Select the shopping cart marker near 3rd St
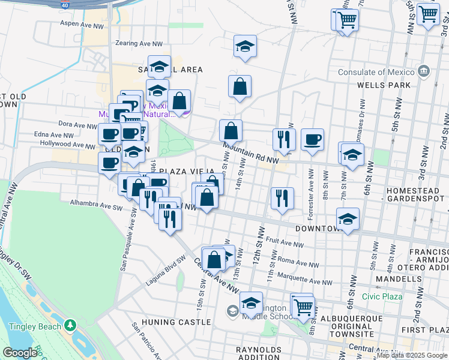[x=429, y=13]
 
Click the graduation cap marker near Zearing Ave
[x=245, y=46]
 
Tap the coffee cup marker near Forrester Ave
[x=312, y=140]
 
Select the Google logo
[x=20, y=353]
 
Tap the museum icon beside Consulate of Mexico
[x=424, y=72]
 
